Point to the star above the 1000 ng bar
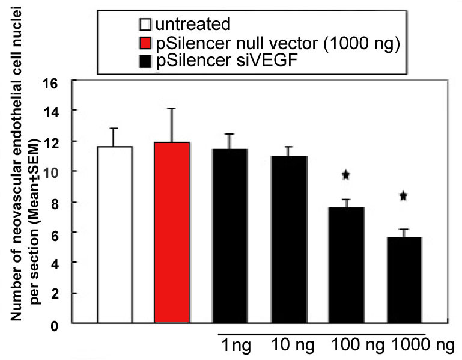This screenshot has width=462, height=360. [x=403, y=195]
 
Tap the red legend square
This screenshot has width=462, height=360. [x=144, y=43]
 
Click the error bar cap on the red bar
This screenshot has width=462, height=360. [x=172, y=109]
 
